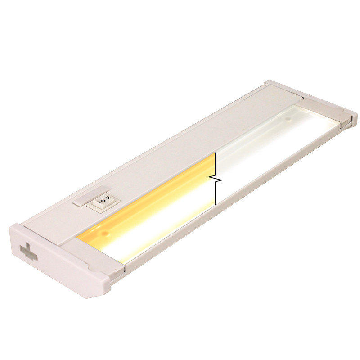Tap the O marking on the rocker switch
tap(102, 201)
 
